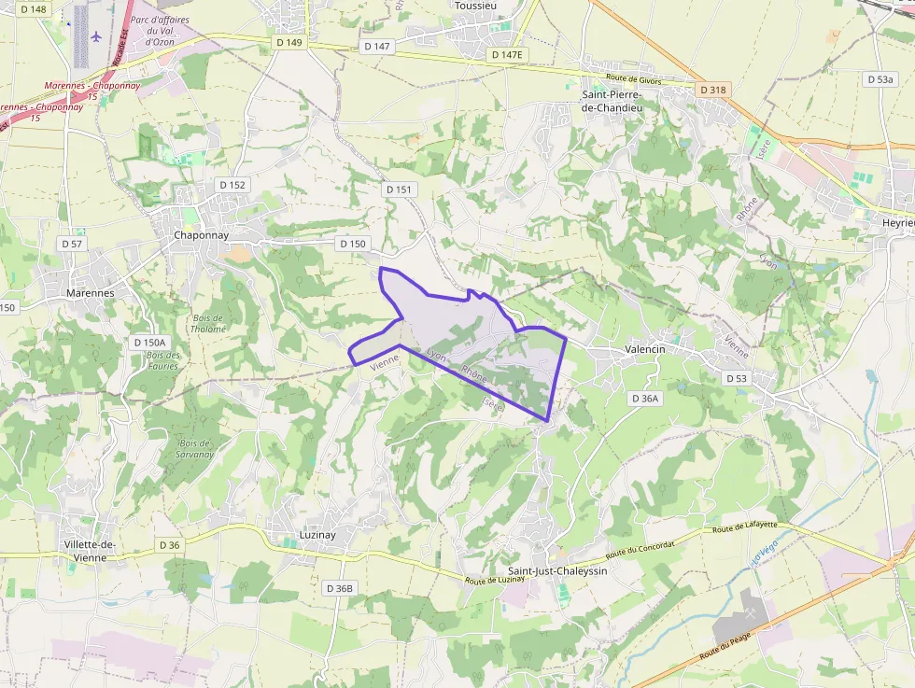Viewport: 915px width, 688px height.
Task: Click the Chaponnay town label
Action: click(201, 235)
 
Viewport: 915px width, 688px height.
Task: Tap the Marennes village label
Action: click(91, 292)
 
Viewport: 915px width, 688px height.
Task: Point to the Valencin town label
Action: click(643, 349)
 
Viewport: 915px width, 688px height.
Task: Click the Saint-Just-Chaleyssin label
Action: click(556, 570)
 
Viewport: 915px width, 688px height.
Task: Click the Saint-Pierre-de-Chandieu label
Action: click(619, 101)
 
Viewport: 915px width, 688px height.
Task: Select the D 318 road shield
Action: click(711, 90)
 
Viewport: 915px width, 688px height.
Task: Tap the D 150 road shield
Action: click(353, 244)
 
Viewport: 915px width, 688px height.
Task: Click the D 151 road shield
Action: click(398, 190)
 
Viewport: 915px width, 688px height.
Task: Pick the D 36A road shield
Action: click(645, 399)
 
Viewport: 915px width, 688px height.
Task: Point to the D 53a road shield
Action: click(880, 79)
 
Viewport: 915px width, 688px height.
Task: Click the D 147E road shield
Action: click(508, 55)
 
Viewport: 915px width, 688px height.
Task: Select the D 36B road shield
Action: click(339, 588)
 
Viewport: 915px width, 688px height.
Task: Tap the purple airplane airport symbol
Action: click(96, 36)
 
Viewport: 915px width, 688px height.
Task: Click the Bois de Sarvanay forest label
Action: click(196, 448)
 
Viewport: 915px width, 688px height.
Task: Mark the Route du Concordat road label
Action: click(640, 547)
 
